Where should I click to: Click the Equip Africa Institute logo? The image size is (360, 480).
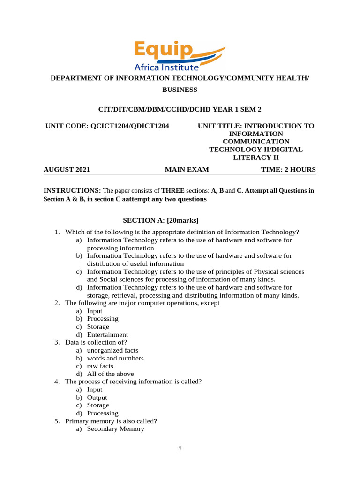(x=180, y=55)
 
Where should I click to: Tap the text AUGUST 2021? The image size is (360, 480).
(x=67, y=170)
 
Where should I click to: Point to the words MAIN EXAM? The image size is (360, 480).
(x=187, y=170)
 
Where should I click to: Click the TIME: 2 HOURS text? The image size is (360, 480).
(x=288, y=170)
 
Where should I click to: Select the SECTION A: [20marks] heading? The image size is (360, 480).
(x=161, y=220)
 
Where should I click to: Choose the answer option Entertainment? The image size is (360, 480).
(x=107, y=335)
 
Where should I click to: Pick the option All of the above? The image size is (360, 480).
(x=110, y=374)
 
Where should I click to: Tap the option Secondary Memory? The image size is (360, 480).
(x=116, y=429)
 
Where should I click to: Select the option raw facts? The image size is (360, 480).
(x=100, y=366)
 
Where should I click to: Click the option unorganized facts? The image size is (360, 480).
(x=112, y=350)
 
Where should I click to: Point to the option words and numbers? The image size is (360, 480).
(x=115, y=358)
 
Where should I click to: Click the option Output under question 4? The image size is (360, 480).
(x=97, y=397)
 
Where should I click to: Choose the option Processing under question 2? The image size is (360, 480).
(x=103, y=319)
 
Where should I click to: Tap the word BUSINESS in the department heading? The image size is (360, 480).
(x=180, y=90)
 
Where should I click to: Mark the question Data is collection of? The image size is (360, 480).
(x=96, y=342)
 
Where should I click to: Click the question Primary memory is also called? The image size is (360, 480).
(x=111, y=421)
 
